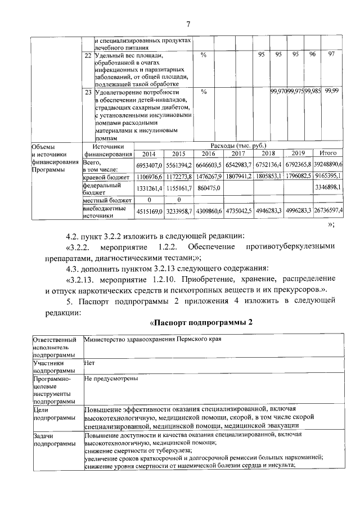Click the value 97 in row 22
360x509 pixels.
pyautogui.click(x=331, y=55)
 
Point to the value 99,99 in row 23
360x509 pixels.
pyautogui.click(x=332, y=91)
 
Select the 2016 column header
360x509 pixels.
pyautogui.click(x=208, y=153)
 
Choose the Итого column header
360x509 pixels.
pyautogui.click(x=328, y=153)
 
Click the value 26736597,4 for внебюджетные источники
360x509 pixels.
pyautogui.click(x=328, y=210)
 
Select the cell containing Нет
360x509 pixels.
pyautogui.click(x=88, y=363)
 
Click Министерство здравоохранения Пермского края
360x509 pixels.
pyautogui.click(x=152, y=340)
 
